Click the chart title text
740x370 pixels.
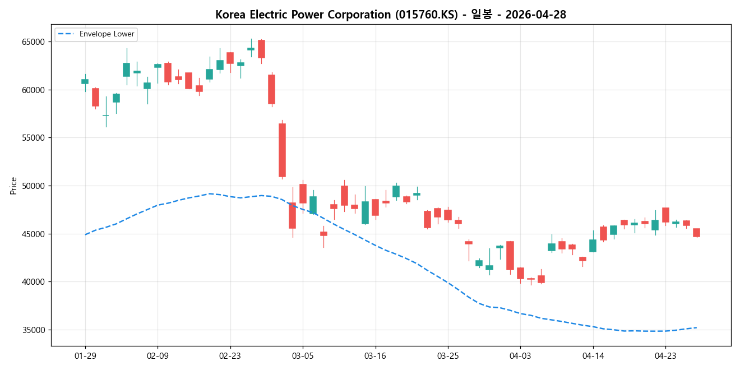(x=391, y=15)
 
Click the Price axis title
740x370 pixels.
(x=13, y=186)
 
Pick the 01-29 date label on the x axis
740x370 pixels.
(x=85, y=355)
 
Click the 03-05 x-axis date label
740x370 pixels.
(x=303, y=355)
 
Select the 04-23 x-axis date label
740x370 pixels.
(x=665, y=355)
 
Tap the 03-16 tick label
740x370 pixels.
(x=375, y=355)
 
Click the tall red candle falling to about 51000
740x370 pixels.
(x=282, y=150)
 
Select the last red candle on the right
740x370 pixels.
(x=696, y=233)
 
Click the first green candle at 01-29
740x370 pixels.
(x=85, y=81)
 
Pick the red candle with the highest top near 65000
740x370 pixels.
(x=261, y=49)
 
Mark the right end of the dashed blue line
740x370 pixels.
(x=696, y=327)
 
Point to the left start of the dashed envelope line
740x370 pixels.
(x=85, y=234)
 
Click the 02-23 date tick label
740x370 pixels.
(x=230, y=355)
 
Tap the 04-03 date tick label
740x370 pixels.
(x=520, y=355)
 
